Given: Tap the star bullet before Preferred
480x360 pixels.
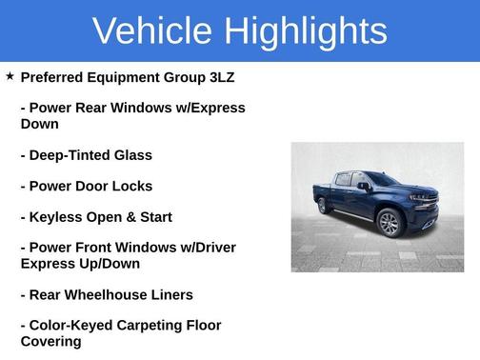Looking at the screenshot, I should click(10, 75).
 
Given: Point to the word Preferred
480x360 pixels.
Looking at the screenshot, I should click(57, 77).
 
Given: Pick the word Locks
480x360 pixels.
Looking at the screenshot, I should click(130, 186).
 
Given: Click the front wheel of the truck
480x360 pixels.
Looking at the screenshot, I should click(389, 224).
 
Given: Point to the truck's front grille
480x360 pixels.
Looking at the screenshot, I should click(425, 203).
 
